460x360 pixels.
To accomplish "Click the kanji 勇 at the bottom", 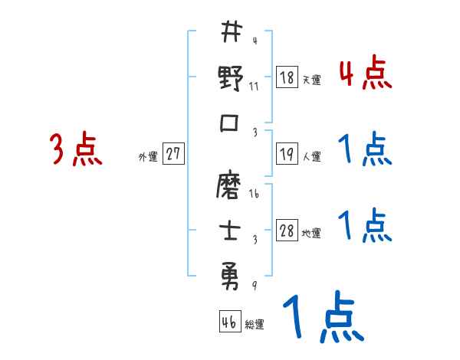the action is pos(231,273).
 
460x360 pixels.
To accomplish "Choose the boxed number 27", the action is pos(172,154).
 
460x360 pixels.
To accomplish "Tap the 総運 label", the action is pos(255,325).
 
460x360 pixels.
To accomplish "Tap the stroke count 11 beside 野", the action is pos(255,86).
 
